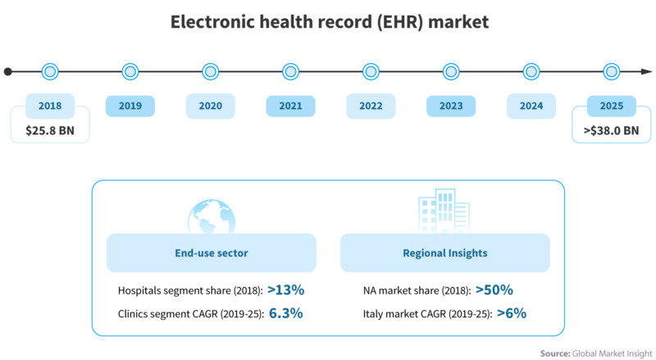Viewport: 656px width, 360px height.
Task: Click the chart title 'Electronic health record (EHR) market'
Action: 329,22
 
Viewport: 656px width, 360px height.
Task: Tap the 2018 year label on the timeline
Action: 50,106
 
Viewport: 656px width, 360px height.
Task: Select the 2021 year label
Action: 290,106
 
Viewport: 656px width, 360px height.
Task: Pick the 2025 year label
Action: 611,106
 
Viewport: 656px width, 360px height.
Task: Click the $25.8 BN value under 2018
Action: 50,130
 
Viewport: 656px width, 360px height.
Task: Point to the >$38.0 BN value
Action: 611,130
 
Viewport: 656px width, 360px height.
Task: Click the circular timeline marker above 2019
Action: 130,71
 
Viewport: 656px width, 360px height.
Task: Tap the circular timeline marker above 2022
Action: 371,71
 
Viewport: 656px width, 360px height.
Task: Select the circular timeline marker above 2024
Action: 531,71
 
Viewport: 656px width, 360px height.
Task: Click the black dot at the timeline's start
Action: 8,71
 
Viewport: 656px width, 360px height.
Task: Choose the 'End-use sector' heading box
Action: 212,253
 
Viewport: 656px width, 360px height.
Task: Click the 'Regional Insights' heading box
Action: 445,253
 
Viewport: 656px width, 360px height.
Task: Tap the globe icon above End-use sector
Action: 212,216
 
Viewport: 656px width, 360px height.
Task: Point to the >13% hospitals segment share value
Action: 285,289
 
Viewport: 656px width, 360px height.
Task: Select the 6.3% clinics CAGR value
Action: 285,312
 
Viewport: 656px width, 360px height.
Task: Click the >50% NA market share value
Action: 494,289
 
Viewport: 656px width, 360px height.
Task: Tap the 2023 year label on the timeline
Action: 450,106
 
